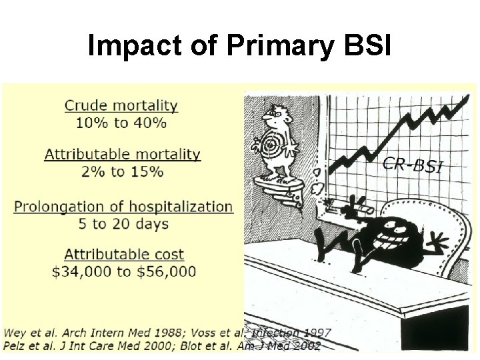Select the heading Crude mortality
pos(121,105)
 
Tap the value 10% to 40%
pos(121,123)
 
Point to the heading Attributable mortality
pos(123,154)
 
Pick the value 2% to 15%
pos(122,171)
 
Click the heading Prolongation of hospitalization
pos(123,207)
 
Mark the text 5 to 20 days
pos(123,224)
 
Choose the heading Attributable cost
pos(124,254)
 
